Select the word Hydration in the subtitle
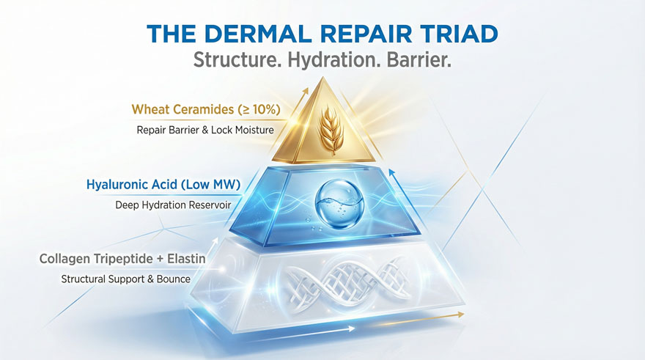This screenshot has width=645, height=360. coord(332,60)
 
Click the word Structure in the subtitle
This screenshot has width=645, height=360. coord(237,60)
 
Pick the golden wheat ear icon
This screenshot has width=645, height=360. coord(331,130)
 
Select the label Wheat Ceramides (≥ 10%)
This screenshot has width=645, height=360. coord(206,110)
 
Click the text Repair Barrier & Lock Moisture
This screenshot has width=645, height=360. coord(205,130)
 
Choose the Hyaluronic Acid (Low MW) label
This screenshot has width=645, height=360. coord(163,184)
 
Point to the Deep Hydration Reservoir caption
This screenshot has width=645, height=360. coord(173,205)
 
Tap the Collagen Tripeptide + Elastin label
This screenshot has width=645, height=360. coord(122,259)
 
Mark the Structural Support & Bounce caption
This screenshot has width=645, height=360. coord(126,279)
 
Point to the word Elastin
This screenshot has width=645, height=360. coord(186,259)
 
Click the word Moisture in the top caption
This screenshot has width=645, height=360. coord(254,130)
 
